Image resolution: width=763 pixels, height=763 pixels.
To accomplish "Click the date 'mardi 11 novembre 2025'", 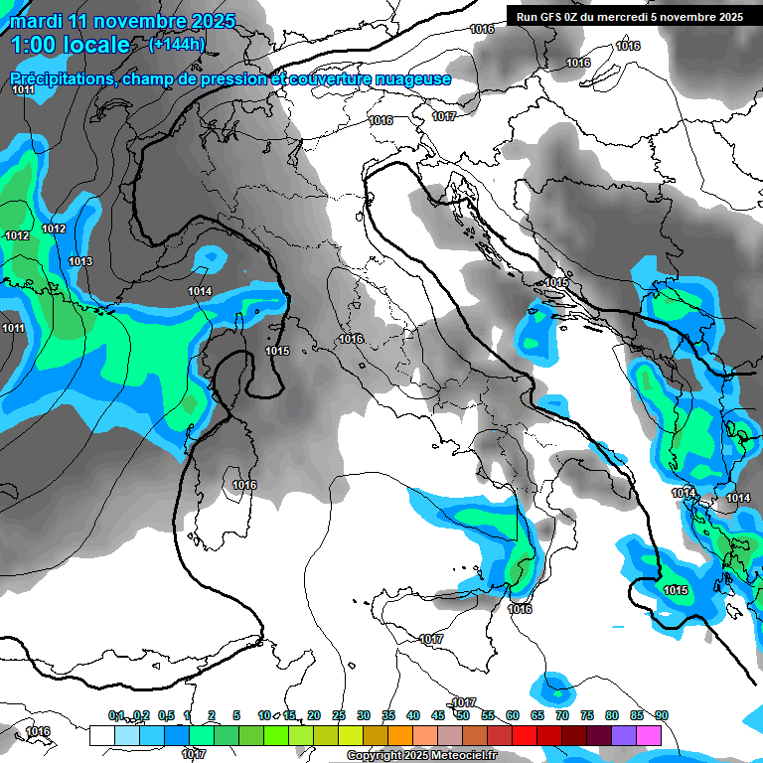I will point(122,21).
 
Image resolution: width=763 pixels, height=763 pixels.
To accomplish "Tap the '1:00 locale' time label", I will point(70,45).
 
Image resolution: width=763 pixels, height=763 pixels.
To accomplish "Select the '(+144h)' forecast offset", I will point(176,45).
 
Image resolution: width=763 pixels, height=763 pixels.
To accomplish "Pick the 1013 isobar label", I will point(80,261).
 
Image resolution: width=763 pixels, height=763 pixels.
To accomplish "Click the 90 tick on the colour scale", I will point(661,715).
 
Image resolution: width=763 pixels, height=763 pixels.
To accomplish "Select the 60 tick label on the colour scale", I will point(513,715).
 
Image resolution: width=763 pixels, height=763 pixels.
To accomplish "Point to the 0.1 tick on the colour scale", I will point(116,715).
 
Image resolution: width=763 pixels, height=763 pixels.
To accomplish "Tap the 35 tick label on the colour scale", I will point(388,715).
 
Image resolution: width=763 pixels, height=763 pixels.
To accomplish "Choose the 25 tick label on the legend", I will point(339,715).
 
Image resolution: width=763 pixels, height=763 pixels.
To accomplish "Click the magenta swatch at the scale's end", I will point(649,735).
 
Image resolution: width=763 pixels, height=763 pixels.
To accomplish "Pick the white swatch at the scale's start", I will point(101,735).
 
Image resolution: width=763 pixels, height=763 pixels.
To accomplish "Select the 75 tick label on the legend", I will point(586,715).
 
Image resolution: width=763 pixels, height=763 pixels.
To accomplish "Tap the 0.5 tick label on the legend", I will point(166,715).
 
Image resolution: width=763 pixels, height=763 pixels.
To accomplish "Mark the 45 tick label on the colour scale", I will point(438,715).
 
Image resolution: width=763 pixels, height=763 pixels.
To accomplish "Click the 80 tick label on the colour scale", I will point(611,715).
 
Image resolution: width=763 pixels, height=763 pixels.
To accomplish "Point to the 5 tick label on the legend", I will point(236,715).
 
